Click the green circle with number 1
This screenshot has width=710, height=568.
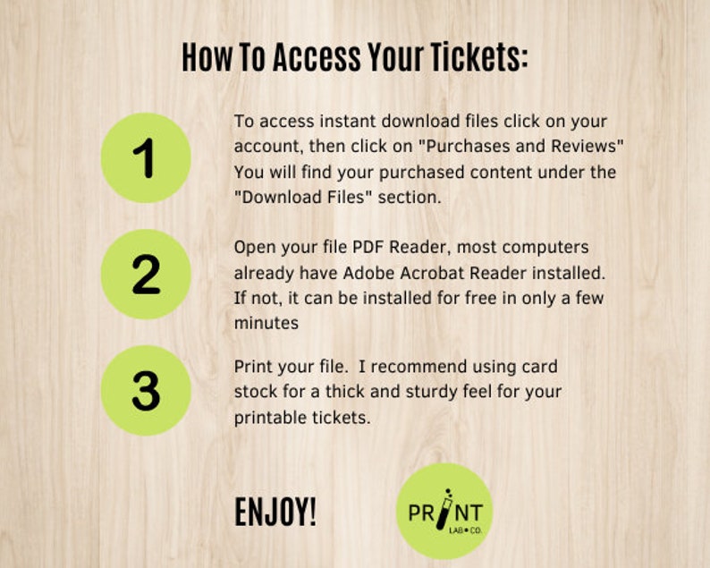146,158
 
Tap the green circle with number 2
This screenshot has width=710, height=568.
146,275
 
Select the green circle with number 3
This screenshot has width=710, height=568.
146,391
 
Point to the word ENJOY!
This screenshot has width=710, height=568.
275,513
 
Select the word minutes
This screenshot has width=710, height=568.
266,322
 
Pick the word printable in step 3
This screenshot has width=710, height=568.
270,418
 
